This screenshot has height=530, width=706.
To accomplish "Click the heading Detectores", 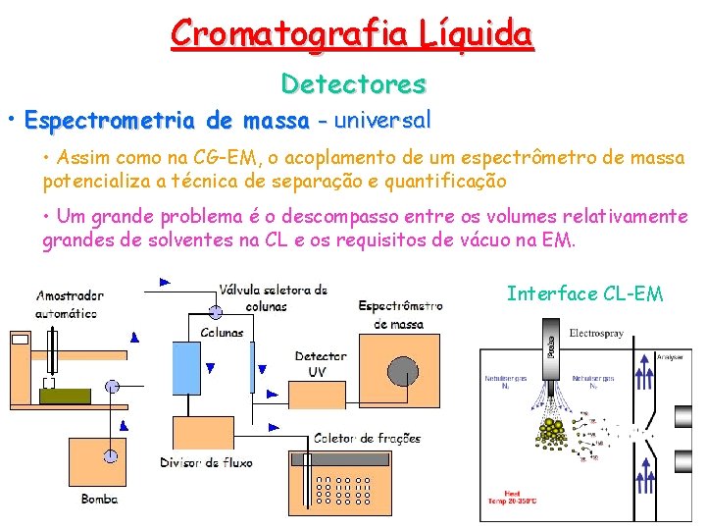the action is tap(353, 84).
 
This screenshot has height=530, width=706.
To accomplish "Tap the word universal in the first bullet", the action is tap(381, 121).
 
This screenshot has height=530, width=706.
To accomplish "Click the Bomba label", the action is tap(99, 499).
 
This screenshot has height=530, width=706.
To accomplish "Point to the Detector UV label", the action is tap(321, 363).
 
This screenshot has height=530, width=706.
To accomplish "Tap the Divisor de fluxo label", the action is tap(206, 461).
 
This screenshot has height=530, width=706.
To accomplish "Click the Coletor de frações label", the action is tap(368, 438).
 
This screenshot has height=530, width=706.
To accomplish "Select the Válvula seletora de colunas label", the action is tap(274, 297).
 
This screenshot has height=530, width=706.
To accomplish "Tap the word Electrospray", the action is tap(595, 334).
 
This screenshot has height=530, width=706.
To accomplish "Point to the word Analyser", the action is tap(670, 357).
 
